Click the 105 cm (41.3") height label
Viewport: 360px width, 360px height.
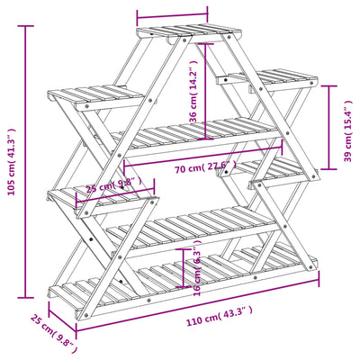pos(12,160)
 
